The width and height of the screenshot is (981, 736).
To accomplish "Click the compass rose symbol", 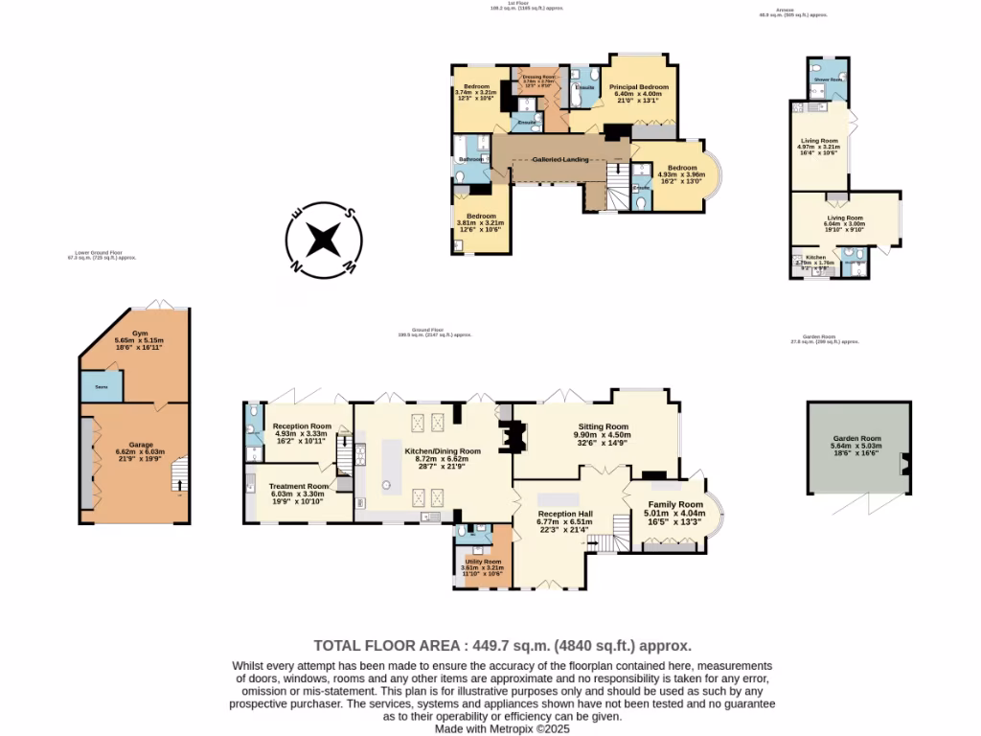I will (x=325, y=239).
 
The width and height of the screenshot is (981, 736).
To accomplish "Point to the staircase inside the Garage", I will (x=177, y=475).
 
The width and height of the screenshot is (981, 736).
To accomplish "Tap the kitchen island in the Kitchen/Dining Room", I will (x=390, y=464).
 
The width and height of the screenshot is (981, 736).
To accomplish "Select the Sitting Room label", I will (x=603, y=426).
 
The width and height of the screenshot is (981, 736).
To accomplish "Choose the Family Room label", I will (x=674, y=504).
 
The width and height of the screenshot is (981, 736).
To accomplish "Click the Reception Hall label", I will (x=565, y=514).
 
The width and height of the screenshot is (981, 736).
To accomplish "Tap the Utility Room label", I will (x=481, y=562).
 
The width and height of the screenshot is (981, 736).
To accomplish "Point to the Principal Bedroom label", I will (x=638, y=87).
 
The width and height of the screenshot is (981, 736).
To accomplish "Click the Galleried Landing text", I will (x=560, y=160).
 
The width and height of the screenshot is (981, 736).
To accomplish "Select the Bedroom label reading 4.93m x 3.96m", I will (x=681, y=169).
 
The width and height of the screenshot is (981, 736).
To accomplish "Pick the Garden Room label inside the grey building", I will (x=856, y=438).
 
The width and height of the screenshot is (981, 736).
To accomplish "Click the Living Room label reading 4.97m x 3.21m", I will (x=819, y=141).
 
